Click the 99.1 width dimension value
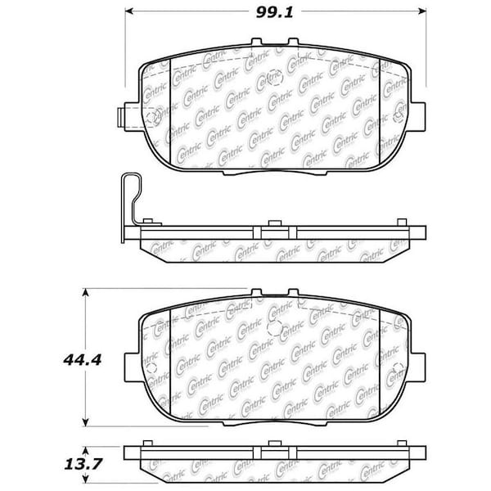(274, 12)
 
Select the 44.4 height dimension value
(83, 360)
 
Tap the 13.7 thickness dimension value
(83, 464)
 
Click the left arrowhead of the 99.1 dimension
(129, 11)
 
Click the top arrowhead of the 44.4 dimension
(85, 293)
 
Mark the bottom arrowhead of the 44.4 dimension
(85, 422)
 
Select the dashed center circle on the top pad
(275, 78)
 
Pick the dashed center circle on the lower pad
(275, 328)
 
